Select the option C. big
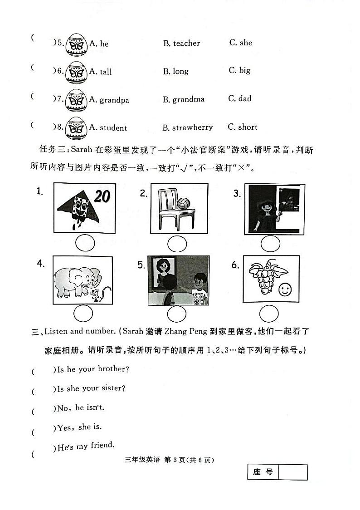pyautogui.click(x=240, y=70)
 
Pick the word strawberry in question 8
pyautogui.click(x=192, y=127)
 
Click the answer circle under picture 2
pyautogui.click(x=177, y=244)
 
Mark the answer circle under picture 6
pyautogui.click(x=269, y=314)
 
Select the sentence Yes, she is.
pyautogui.click(x=79, y=427)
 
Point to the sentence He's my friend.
pyautogui.click(x=86, y=446)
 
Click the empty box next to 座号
pyautogui.click(x=292, y=472)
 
